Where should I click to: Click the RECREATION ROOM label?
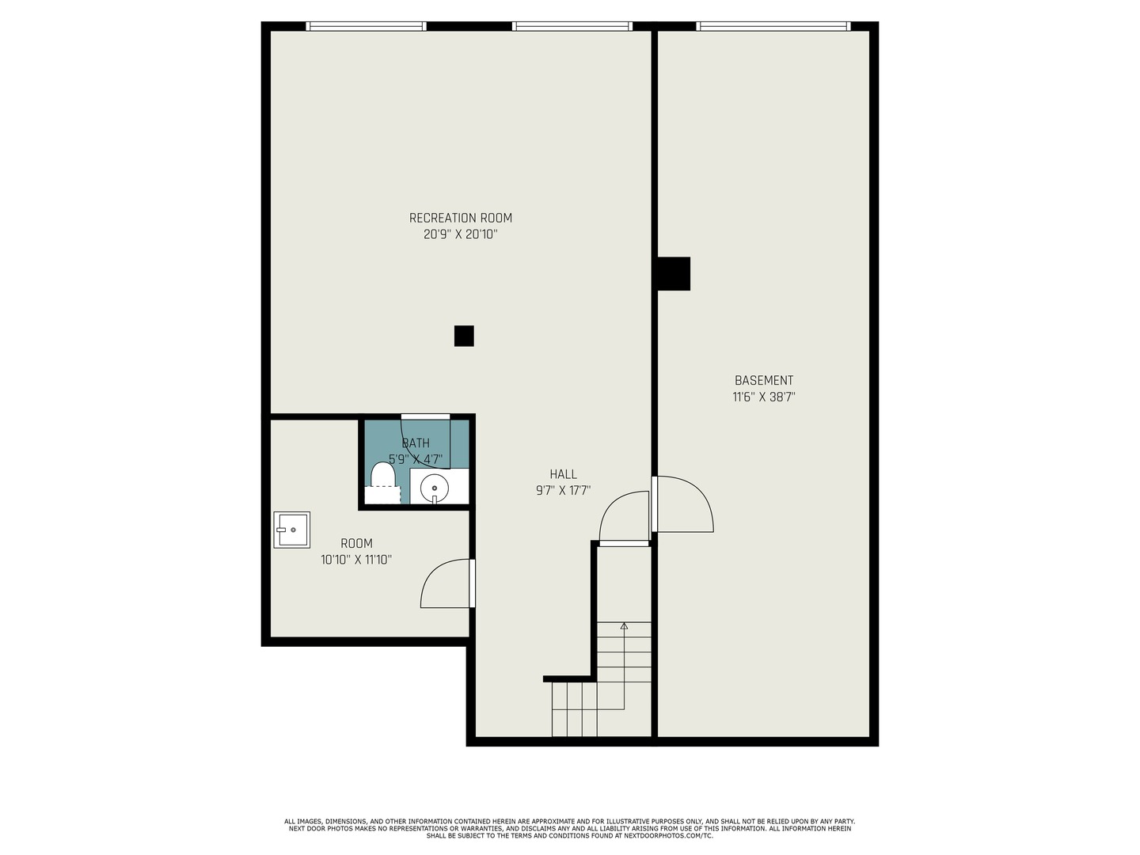pos(460,218)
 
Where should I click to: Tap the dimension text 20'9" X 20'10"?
pos(460,234)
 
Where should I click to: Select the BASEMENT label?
pos(764,380)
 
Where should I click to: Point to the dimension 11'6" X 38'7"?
pos(764,397)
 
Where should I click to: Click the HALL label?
pos(563,474)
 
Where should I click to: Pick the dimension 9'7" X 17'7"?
pos(563,491)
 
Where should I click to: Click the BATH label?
pos(416,443)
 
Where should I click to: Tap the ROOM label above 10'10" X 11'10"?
pos(356,543)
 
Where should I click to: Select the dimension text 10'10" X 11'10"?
pos(356,560)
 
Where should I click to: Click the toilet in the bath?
pos(382,483)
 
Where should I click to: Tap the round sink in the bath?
pos(435,488)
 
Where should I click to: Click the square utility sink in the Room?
pos(292,530)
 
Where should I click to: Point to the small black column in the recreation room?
pos(464,336)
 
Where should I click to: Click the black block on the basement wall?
pos(674,274)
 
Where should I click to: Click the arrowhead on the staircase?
pos(624,625)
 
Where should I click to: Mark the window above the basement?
pos(773,26)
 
